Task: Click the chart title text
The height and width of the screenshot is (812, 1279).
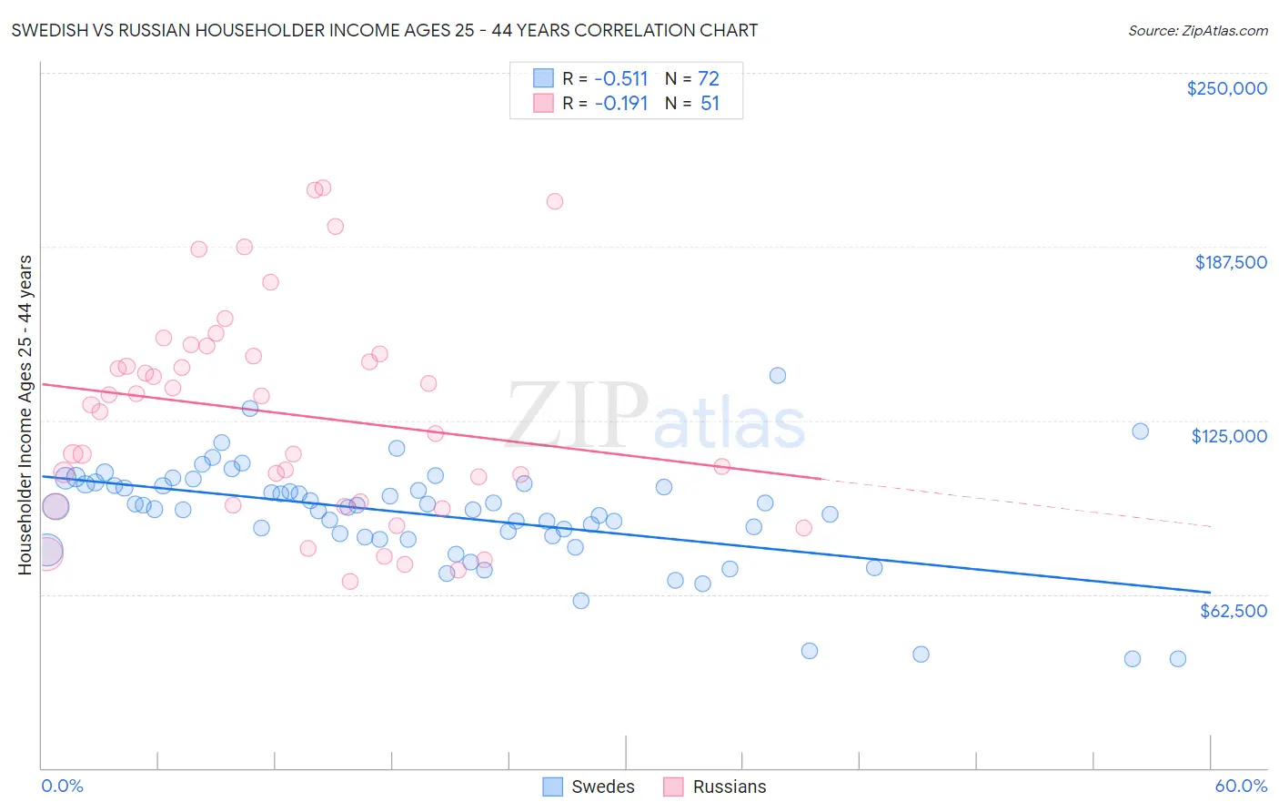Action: point(385,30)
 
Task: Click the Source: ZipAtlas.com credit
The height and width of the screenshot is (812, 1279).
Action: point(1197,30)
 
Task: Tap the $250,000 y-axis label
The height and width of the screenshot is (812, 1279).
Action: point(1226,88)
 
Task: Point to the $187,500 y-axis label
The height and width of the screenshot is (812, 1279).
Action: point(1230,262)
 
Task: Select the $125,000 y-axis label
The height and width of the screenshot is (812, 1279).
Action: point(1229,436)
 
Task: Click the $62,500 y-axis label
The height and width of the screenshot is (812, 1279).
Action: point(1233,611)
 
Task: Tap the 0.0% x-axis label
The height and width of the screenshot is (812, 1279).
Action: point(62,786)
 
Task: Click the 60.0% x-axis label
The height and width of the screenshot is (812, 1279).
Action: point(1240,786)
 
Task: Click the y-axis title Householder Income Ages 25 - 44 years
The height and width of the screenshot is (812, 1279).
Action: point(25,415)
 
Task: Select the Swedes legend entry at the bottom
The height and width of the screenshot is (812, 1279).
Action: point(589,787)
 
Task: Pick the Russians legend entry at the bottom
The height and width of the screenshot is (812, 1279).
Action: point(715,787)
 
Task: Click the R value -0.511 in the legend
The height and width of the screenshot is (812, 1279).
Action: point(620,78)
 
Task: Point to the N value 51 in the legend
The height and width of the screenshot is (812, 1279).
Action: point(710,104)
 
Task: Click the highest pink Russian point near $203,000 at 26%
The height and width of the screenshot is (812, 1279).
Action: point(554,201)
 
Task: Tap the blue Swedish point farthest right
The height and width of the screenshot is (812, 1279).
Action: point(1177,659)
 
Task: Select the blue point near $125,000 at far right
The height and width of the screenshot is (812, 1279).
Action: point(1140,431)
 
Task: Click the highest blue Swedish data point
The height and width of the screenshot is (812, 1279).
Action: point(777,375)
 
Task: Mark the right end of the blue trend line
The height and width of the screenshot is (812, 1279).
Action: point(1210,592)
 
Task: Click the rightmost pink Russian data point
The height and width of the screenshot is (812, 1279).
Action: point(803,528)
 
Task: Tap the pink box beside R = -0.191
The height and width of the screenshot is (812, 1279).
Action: point(543,104)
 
